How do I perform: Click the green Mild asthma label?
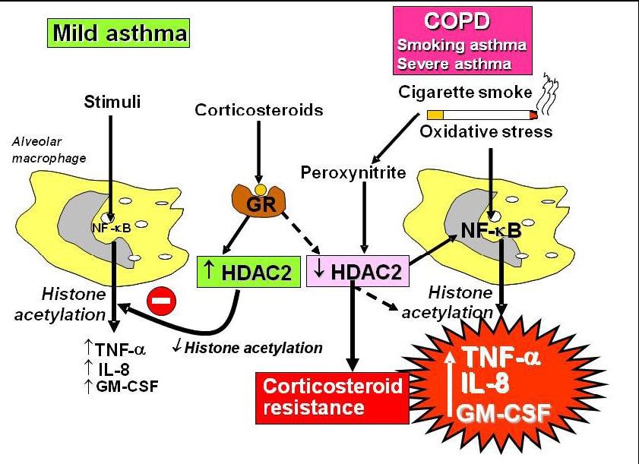119,33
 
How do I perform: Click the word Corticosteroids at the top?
258,110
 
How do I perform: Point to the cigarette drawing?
482,115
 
